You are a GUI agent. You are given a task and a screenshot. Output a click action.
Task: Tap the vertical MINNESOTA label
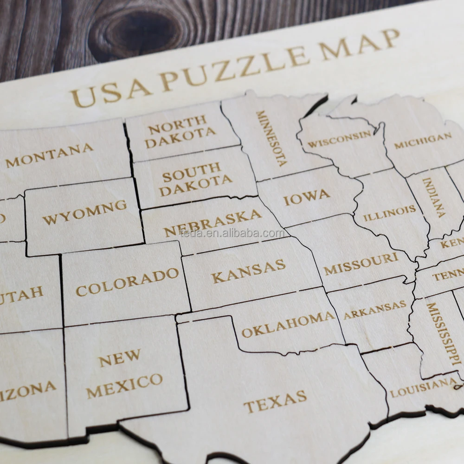tap(271, 138)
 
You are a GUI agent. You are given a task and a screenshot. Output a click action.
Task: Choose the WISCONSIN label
tap(340, 139)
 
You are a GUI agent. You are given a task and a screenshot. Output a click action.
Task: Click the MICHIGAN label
tap(422, 141)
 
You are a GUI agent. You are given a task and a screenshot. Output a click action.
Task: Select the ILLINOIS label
tap(389, 213)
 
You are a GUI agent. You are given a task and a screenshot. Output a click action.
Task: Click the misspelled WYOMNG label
tap(84, 212)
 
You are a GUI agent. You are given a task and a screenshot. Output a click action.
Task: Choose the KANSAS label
tap(248, 271)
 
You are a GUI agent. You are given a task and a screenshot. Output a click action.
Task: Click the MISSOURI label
tap(361, 264)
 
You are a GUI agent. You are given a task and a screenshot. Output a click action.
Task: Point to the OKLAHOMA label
tap(288, 325)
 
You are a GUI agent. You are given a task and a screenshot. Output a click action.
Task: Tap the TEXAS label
tap(275, 401)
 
